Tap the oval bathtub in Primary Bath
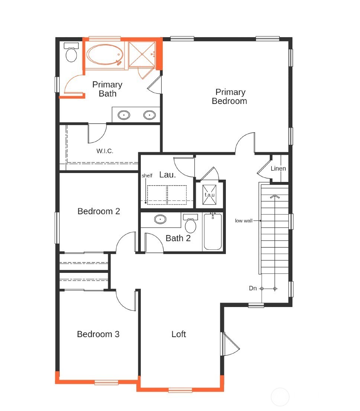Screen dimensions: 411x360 point(104,55)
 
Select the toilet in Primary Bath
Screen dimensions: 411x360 point(71,53)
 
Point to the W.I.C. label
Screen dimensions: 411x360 point(105,151)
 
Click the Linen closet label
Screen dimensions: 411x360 point(278,169)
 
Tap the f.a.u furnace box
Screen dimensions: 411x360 point(210,194)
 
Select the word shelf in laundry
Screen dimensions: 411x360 point(147,176)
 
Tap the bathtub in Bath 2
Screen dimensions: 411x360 point(213,232)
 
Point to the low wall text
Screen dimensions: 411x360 point(244,221)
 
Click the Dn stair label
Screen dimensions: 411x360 point(253,288)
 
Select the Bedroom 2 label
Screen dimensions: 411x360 point(99,211)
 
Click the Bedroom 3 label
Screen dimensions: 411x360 point(98,334)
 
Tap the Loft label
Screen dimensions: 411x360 point(179,334)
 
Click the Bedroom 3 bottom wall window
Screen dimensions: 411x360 point(106,382)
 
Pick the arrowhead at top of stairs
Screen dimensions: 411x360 point(275,196)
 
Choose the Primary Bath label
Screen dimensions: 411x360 point(107,89)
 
